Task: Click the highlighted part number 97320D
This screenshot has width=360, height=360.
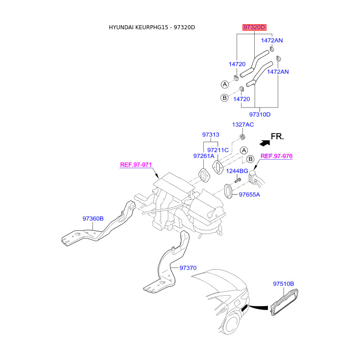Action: point(254,28)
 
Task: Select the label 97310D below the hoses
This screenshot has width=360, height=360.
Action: point(260,114)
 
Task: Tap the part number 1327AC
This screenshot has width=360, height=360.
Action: point(243,124)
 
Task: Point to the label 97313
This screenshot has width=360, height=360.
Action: point(211,135)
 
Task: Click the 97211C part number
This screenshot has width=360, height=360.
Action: point(218,150)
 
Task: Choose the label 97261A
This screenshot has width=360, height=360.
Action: point(204,156)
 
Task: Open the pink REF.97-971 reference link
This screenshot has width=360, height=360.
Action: point(135,165)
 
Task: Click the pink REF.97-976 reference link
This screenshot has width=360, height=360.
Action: point(277,156)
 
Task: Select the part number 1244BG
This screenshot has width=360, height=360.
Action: point(237,171)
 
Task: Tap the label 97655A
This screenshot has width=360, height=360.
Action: point(250,195)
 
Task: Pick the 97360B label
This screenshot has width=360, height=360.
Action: point(93,219)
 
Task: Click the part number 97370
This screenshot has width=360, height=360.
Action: point(188,268)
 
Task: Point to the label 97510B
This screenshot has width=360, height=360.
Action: point(283,284)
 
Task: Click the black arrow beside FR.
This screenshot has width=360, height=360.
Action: point(264,142)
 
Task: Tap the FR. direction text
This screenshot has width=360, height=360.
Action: point(277,136)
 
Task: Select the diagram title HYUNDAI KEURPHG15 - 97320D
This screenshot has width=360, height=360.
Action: point(152,27)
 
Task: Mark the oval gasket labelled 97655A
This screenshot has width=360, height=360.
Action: point(228,191)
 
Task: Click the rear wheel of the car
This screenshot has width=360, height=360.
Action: point(233,324)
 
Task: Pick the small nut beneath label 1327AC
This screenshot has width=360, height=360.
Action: point(241,136)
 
